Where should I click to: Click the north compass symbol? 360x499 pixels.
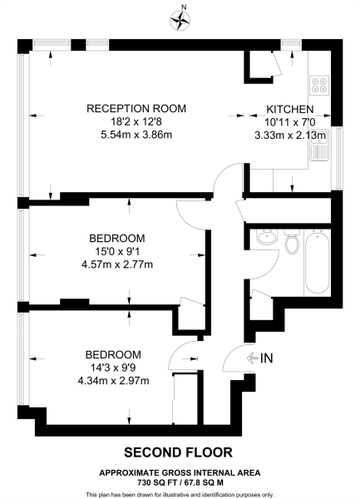tap(180, 18)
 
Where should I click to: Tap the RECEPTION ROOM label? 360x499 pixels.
tap(137, 109)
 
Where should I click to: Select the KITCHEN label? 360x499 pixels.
tap(289, 109)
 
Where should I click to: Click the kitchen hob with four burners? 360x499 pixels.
tap(319, 86)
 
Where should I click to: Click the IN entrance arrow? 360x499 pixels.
tap(262, 359)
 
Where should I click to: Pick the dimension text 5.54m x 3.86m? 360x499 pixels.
tap(137, 136)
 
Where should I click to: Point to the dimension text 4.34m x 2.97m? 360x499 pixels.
tap(112, 382)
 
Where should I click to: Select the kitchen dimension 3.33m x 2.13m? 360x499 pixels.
tap(296, 136)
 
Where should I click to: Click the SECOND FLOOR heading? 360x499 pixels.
tap(180, 453)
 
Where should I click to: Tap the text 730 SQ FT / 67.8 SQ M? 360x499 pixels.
tap(180, 481)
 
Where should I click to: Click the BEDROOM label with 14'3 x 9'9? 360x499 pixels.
tap(112, 354)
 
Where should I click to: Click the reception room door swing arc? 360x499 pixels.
tap(223, 178)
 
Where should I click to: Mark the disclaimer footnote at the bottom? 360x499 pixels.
tap(180, 492)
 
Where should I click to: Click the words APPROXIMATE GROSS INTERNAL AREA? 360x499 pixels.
tap(180, 472)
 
